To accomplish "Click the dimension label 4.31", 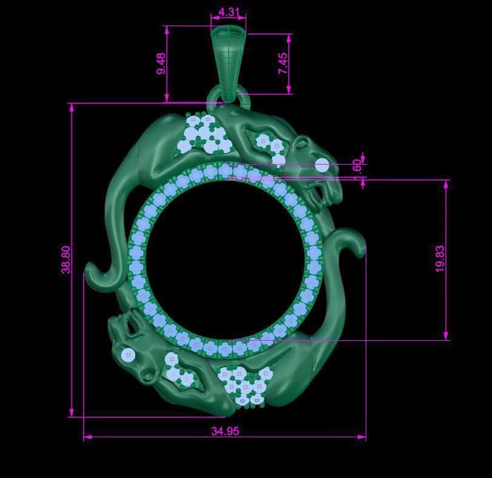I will tap(229, 12).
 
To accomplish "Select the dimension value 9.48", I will tap(161, 64).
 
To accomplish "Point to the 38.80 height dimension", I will tap(66, 259).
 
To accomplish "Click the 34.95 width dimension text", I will tap(225, 431).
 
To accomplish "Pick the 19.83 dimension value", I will tap(440, 259).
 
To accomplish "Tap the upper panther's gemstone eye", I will tap(322, 165).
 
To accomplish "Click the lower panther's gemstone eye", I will tap(128, 355).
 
